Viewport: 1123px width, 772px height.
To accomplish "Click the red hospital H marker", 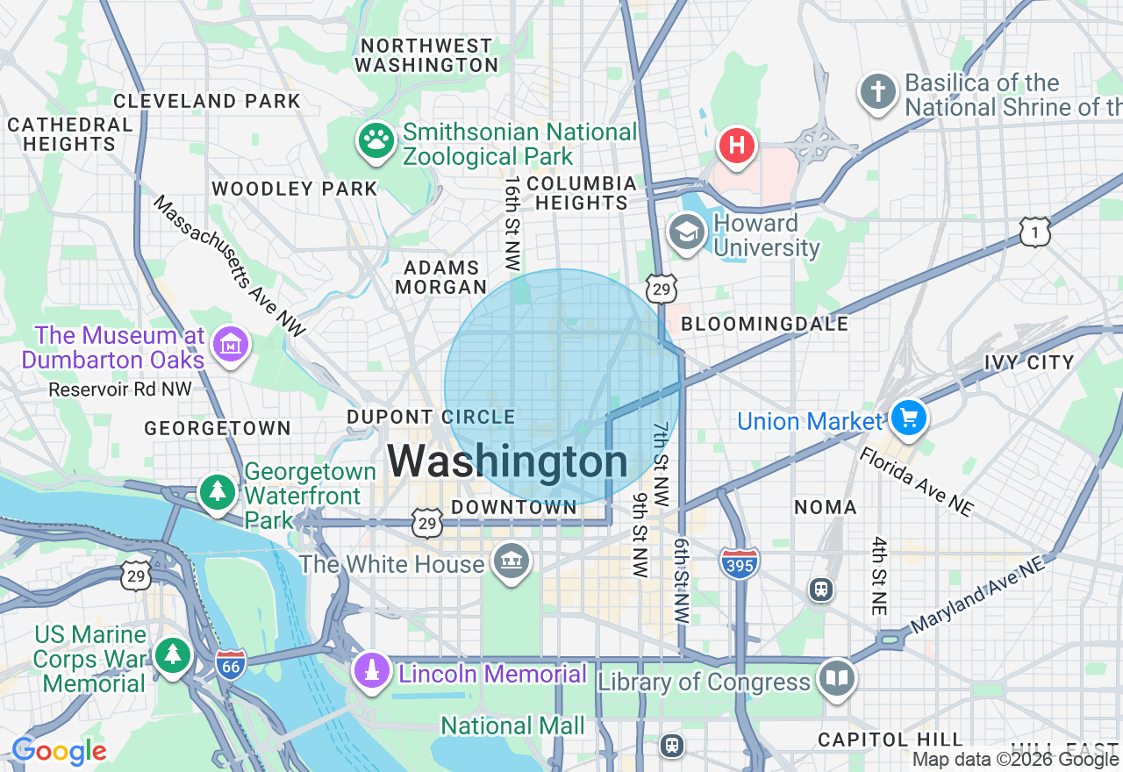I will [737, 145].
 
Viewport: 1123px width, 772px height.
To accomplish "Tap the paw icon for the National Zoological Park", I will [376, 140].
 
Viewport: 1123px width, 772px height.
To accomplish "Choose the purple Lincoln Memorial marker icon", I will [372, 671].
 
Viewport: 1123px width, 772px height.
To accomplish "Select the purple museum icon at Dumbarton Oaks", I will [232, 344].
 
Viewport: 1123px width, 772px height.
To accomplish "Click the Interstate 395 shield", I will [739, 561].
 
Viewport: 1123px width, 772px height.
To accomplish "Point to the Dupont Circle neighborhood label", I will [431, 417].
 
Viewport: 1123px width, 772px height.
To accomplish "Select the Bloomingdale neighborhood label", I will [765, 324].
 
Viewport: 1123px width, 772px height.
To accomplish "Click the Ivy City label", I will [1029, 362].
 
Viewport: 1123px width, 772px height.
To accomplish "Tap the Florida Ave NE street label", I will [916, 482].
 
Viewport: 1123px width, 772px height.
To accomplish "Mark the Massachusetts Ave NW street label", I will [230, 266].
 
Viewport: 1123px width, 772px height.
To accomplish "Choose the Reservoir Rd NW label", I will [120, 389].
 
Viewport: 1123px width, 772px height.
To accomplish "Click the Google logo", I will [60, 752].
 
